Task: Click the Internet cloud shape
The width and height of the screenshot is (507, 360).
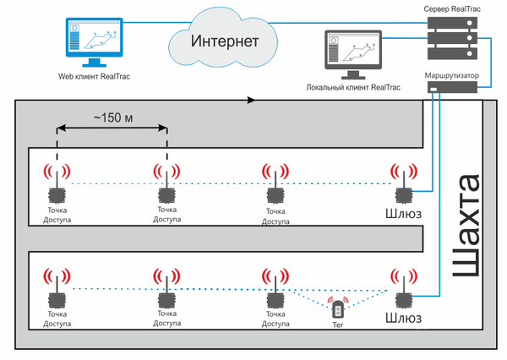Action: [x=224, y=41]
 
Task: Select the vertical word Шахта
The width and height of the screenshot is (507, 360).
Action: [x=467, y=227]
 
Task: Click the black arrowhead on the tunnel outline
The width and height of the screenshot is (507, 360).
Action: [x=251, y=101]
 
